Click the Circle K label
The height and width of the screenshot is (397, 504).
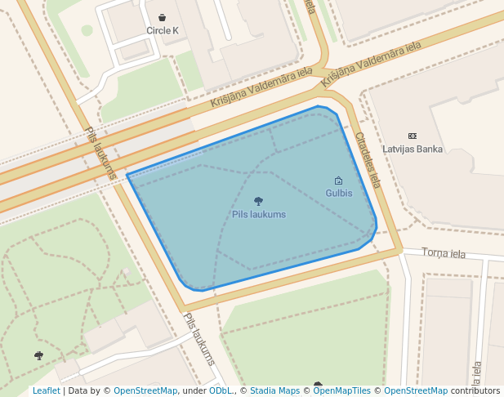click(162, 30)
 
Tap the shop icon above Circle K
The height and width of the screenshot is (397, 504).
click(163, 17)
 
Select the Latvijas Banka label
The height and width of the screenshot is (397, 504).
click(413, 149)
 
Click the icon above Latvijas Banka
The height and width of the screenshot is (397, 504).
click(412, 136)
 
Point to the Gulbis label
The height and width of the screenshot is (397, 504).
click(338, 194)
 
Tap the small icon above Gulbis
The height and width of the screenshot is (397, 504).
click(338, 181)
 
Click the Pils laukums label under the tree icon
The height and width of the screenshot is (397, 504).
click(259, 214)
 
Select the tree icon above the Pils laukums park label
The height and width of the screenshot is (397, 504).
click(258, 201)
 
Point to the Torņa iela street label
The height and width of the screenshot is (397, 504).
click(444, 253)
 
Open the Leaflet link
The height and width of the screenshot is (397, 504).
click(46, 390)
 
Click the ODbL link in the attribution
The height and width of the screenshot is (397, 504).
click(220, 390)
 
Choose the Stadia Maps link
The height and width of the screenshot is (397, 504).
click(274, 390)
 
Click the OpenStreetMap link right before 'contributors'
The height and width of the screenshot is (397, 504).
click(415, 390)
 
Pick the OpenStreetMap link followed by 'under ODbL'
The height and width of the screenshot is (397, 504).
click(145, 390)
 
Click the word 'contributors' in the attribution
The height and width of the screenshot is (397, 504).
click(475, 390)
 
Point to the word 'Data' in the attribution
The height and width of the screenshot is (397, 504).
click(78, 390)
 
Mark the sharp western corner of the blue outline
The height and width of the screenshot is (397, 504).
click(127, 175)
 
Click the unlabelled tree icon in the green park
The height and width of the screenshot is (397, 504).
click(38, 355)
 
